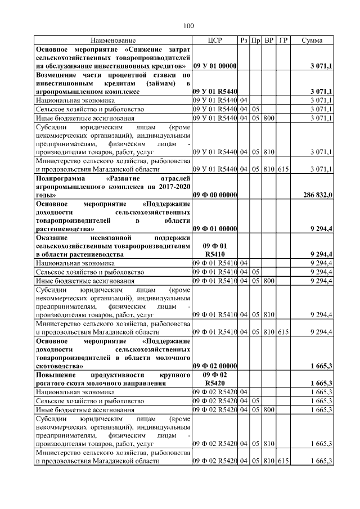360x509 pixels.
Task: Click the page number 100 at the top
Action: pos(188,25)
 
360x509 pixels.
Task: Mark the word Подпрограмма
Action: pos(59,178)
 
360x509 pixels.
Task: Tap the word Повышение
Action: pos(57,375)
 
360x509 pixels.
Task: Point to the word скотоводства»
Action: pos(60,366)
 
